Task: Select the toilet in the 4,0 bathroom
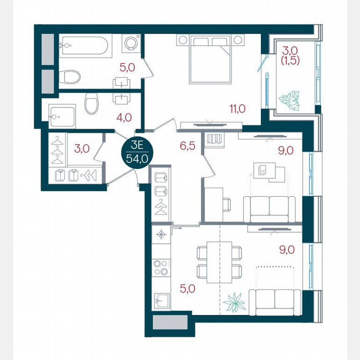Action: coord(91,103)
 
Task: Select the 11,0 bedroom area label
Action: coord(237,110)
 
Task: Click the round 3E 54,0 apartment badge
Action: coord(137,153)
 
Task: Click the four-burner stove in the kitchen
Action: coord(160,267)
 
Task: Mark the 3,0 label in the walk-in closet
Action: coord(80,148)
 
